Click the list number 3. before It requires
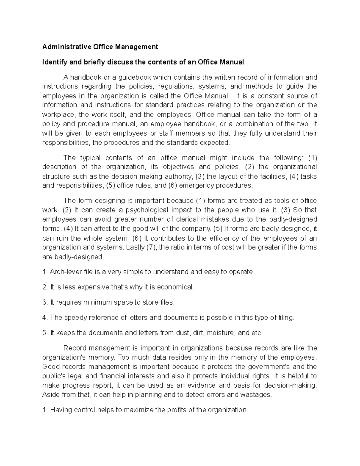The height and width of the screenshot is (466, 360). pos(45,302)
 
